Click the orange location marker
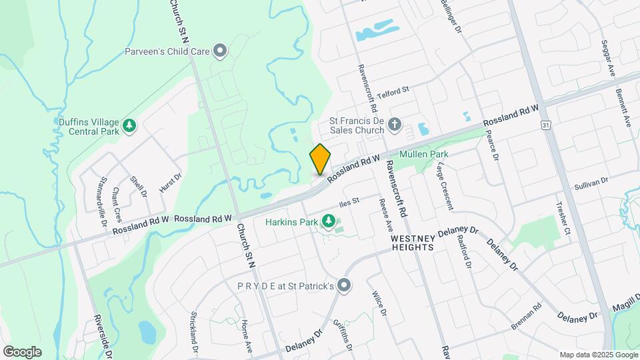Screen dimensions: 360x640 [x=320, y=159]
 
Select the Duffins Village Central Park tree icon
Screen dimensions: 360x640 [x=129, y=125]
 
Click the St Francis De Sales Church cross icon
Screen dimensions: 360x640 [x=395, y=124]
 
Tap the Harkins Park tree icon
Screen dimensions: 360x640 [x=327, y=221]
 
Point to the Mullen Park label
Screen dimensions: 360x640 [x=423, y=155]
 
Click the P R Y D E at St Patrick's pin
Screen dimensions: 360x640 [x=344, y=285]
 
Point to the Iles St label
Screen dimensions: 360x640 [x=349, y=201]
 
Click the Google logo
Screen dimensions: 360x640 [x=22, y=351]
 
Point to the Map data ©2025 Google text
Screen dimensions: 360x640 [x=599, y=355]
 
